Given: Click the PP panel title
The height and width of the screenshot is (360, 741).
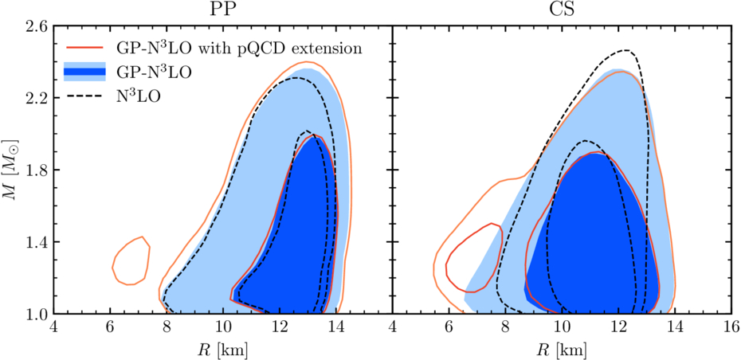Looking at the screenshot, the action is pyautogui.click(x=222, y=10).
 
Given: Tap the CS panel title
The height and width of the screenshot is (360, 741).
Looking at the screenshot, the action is pyautogui.click(x=562, y=10).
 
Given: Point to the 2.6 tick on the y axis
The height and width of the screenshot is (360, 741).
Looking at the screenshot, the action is pyautogui.click(x=37, y=26).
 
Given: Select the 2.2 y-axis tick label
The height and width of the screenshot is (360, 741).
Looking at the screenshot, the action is pyautogui.click(x=37, y=98).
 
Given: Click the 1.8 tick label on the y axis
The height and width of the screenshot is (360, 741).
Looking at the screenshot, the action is pyautogui.click(x=37, y=170).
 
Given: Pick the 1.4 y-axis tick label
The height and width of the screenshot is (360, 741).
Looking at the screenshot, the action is pyautogui.click(x=37, y=242).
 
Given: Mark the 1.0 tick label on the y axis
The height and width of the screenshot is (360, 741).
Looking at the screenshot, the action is pyautogui.click(x=37, y=314).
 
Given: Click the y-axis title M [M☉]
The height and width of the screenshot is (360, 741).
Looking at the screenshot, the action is pyautogui.click(x=11, y=170).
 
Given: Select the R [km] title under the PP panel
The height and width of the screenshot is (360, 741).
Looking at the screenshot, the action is pyautogui.click(x=222, y=350).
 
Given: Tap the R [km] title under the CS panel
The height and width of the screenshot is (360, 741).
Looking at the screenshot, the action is pyautogui.click(x=562, y=350).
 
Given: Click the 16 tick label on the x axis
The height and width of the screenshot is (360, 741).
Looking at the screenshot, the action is pyautogui.click(x=731, y=327).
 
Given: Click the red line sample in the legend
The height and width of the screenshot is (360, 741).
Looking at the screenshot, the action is pyautogui.click(x=83, y=48).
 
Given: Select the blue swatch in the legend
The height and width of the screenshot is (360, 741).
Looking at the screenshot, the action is pyautogui.click(x=83, y=72).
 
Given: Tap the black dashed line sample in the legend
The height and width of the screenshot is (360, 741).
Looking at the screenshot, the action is pyautogui.click(x=83, y=96).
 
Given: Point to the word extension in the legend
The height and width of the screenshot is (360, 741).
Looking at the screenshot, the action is pyautogui.click(x=331, y=49).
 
